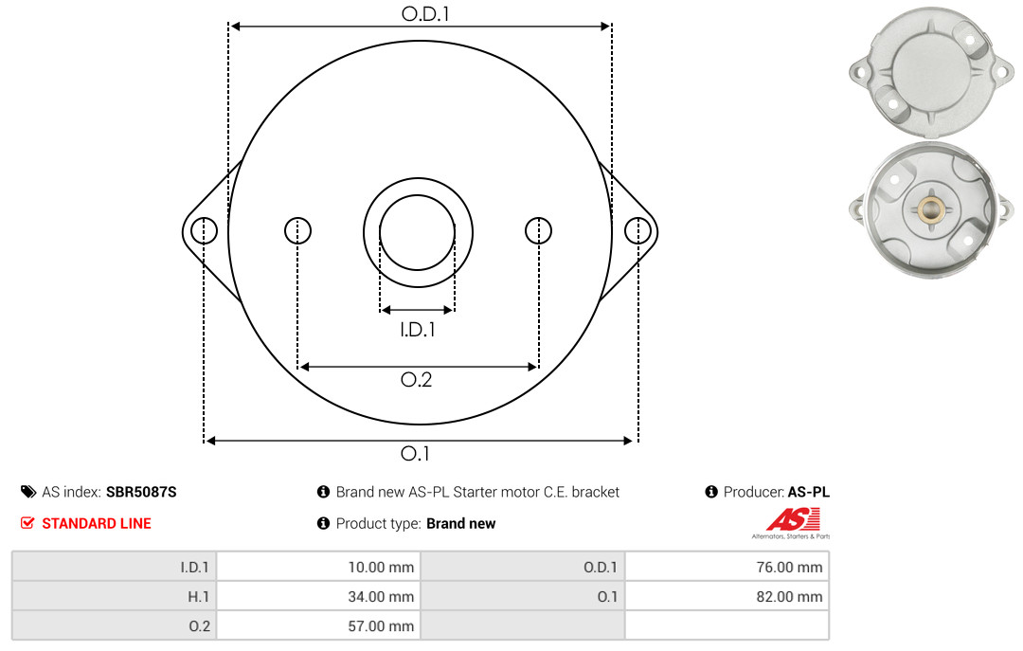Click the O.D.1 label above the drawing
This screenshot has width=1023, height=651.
click(425, 13)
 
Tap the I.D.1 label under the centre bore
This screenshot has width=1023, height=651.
click(418, 330)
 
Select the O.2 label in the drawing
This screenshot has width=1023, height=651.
click(416, 379)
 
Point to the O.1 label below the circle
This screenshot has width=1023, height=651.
click(415, 453)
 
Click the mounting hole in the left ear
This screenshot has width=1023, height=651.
click(205, 230)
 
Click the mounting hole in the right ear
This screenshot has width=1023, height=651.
click(637, 230)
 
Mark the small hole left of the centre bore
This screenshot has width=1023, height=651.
click(298, 230)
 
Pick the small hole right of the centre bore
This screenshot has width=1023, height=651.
click(538, 230)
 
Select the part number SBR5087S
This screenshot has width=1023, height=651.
click(141, 492)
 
